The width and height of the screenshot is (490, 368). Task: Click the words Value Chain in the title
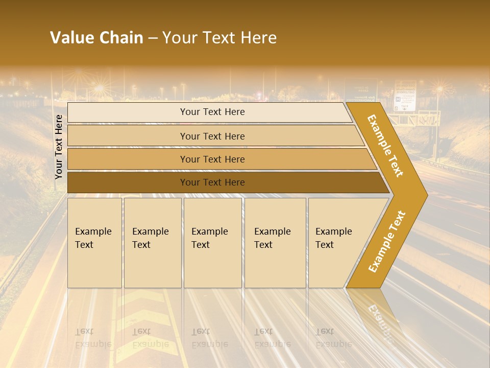96,38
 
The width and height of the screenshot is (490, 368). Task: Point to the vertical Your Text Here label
59,147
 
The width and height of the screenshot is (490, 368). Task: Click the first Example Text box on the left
94,243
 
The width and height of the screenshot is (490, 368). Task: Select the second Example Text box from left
153,243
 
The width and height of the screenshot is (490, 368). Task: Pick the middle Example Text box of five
212,243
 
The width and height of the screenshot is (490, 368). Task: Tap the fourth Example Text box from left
275,243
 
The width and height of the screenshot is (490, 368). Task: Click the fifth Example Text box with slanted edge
337,243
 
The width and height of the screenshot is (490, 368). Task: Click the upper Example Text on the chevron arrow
385,145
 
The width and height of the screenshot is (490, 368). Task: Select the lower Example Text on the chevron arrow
387,241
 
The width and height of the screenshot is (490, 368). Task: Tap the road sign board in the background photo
405,96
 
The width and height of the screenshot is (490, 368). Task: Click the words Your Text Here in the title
219,38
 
